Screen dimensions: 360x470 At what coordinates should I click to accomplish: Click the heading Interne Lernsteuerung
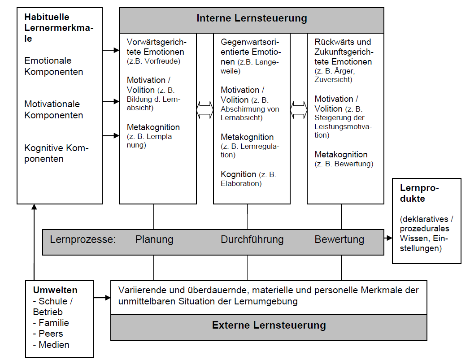(252, 18)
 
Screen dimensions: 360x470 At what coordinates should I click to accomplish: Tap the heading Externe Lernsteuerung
(269, 325)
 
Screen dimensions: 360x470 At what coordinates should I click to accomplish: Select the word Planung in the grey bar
(154, 240)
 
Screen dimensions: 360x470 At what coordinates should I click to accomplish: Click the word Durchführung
(252, 240)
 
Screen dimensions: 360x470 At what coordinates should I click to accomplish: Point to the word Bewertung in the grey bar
(339, 240)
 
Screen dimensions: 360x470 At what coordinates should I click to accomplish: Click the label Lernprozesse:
(83, 240)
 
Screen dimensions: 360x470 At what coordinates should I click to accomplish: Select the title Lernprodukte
(419, 193)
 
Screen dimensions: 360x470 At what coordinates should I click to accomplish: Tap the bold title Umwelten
(55, 290)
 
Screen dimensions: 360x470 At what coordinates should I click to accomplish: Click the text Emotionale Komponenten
(54, 66)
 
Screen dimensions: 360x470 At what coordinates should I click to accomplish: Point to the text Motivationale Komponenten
(54, 109)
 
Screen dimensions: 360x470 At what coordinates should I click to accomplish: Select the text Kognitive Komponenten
(56, 153)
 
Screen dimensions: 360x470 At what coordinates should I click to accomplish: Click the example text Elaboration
(241, 183)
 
